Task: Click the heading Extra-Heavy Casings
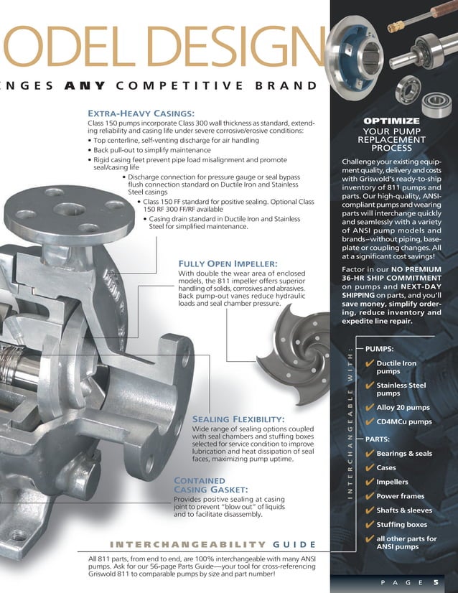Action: (x=141, y=113)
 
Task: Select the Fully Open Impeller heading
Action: (x=227, y=263)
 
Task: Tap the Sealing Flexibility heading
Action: (x=238, y=419)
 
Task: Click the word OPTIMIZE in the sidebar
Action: (x=391, y=121)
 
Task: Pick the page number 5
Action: (x=436, y=583)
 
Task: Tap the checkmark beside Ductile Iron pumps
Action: (x=369, y=365)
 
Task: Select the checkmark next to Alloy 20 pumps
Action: (x=369, y=408)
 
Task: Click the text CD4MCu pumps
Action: (x=403, y=422)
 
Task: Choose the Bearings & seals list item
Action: (x=403, y=454)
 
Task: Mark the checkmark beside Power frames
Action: (x=369, y=497)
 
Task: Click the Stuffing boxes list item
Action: (x=401, y=525)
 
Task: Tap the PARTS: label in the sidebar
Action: (x=378, y=439)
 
